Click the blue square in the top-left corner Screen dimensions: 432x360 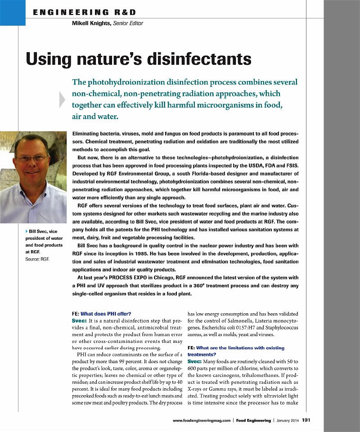coord(13,13)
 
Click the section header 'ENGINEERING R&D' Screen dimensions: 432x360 coord(84,12)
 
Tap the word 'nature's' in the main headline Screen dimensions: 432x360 coord(113,59)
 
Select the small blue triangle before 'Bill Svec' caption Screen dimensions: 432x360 coord(26,231)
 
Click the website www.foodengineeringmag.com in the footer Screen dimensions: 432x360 coord(202,420)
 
